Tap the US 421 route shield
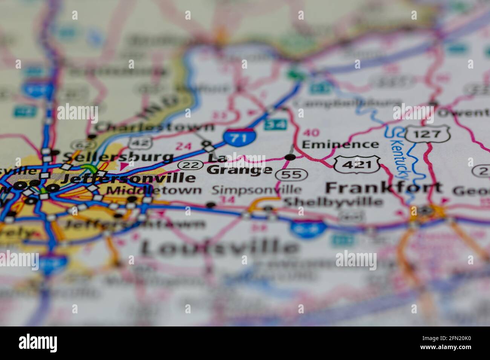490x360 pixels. coord(357,164)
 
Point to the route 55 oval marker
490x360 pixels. coord(291,174)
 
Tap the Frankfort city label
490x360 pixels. coord(384,187)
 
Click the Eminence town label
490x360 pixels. coord(340,144)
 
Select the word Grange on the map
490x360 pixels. coord(239,170)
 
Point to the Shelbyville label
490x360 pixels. coord(333,201)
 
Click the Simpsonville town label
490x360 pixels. coord(256,190)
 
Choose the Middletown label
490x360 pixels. coord(154,190)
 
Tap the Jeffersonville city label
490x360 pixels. coord(128,177)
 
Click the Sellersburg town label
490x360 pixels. coord(118,156)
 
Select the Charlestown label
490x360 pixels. coord(154,127)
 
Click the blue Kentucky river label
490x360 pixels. coord(400,159)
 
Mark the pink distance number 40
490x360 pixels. coord(311,133)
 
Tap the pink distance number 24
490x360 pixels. coord(183,146)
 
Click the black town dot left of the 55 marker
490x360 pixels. coord(290,157)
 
